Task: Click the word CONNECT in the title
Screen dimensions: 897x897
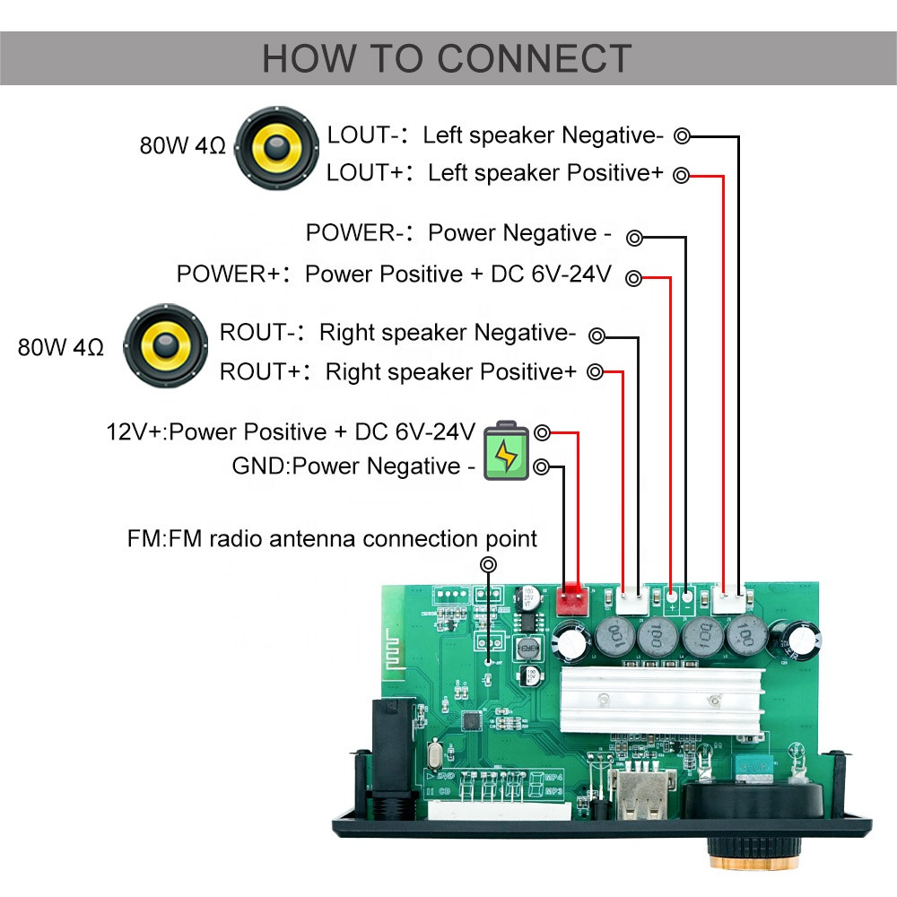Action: point(535,58)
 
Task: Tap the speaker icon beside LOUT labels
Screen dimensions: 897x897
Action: point(277,148)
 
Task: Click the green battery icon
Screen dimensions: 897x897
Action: point(506,451)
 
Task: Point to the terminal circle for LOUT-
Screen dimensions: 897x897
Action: point(683,136)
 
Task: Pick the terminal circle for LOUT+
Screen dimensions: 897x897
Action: point(683,175)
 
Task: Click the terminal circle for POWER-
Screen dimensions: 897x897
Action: point(634,238)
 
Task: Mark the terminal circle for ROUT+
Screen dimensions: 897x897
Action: point(596,372)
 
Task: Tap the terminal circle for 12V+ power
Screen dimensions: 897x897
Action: point(542,433)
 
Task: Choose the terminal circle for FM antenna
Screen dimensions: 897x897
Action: point(489,564)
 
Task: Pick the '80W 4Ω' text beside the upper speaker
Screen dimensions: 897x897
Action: point(182,146)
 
